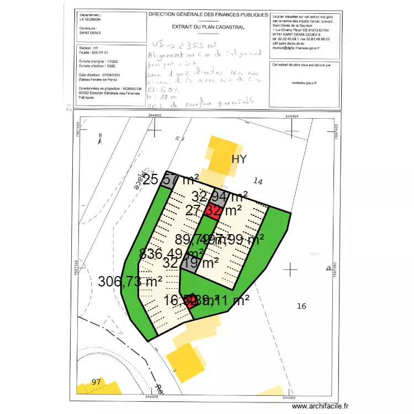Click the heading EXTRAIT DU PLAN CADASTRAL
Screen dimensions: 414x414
click(x=208, y=26)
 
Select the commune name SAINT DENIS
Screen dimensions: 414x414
click(x=89, y=33)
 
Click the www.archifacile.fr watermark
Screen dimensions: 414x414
click(x=321, y=407)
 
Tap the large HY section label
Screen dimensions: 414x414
click(x=239, y=159)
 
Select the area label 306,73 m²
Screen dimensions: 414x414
click(x=130, y=281)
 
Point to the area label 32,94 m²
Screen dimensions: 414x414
click(x=219, y=196)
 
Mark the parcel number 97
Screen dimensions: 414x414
click(x=97, y=382)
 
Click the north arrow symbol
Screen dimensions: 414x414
click(x=100, y=139)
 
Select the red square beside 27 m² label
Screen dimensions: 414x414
click(x=213, y=210)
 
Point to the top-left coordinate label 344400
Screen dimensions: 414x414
click(x=155, y=115)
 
